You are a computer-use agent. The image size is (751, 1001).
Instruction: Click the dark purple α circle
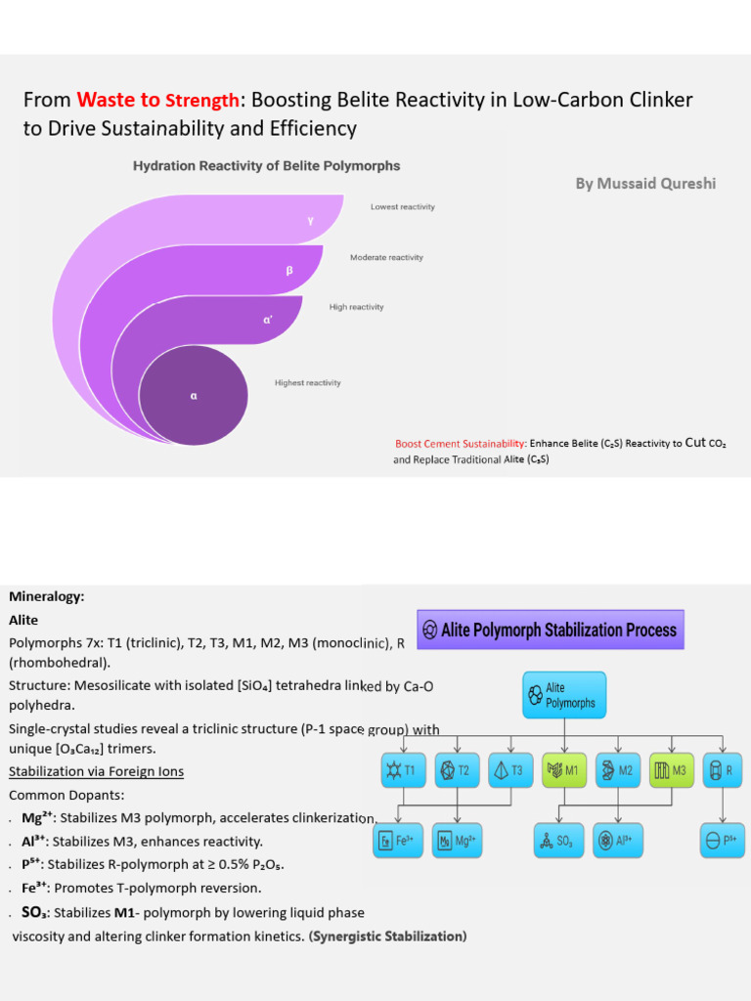click(194, 395)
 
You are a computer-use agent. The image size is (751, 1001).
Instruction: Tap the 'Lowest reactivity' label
click(402, 207)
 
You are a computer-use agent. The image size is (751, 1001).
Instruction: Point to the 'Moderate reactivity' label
click(386, 257)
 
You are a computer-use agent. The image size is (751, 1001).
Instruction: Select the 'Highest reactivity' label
click(308, 383)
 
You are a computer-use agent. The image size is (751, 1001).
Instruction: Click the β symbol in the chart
click(289, 271)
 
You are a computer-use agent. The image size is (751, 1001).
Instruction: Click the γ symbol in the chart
click(310, 221)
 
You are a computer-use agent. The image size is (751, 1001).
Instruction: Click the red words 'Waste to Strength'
click(157, 101)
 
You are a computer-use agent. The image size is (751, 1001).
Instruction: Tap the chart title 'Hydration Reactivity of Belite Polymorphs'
click(266, 166)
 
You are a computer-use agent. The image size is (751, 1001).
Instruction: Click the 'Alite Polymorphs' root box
click(564, 695)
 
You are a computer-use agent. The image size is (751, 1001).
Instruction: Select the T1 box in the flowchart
click(404, 770)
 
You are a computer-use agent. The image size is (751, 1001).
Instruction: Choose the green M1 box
click(564, 770)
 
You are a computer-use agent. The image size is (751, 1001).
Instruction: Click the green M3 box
click(671, 770)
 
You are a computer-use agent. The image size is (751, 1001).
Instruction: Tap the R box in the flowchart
click(723, 770)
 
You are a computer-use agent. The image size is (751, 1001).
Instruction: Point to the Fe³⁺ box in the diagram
click(398, 841)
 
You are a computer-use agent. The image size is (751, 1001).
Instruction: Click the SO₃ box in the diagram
click(558, 841)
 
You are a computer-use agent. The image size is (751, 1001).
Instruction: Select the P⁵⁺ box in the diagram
click(723, 841)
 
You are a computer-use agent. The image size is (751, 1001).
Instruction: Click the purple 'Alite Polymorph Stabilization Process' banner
click(551, 631)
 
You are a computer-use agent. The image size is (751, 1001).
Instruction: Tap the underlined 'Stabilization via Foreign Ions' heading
click(97, 772)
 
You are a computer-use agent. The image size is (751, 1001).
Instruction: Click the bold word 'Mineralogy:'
click(47, 597)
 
